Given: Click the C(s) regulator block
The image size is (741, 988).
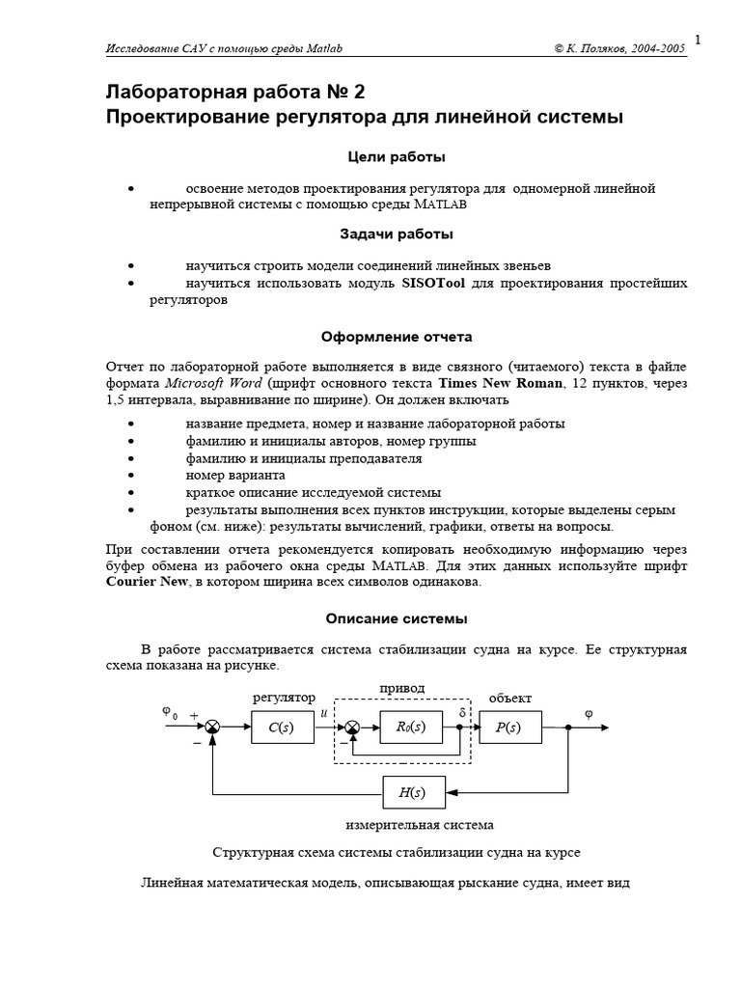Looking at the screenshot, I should click(x=284, y=727).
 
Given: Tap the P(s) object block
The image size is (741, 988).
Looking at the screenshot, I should click(x=508, y=727).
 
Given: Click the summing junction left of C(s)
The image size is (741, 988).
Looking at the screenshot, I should click(x=213, y=727).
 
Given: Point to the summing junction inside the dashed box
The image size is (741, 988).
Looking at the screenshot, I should click(x=352, y=727).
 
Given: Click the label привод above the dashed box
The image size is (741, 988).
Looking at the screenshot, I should click(x=402, y=687).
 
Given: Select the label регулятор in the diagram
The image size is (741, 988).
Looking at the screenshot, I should click(x=284, y=698).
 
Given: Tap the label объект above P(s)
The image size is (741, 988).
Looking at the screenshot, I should click(x=509, y=698).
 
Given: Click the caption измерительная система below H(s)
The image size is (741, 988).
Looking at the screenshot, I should click(x=420, y=825).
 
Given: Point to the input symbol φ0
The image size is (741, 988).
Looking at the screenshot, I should click(x=170, y=713).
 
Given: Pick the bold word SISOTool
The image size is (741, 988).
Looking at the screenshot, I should click(x=434, y=283).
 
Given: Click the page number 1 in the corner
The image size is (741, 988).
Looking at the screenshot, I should click(x=697, y=40).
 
